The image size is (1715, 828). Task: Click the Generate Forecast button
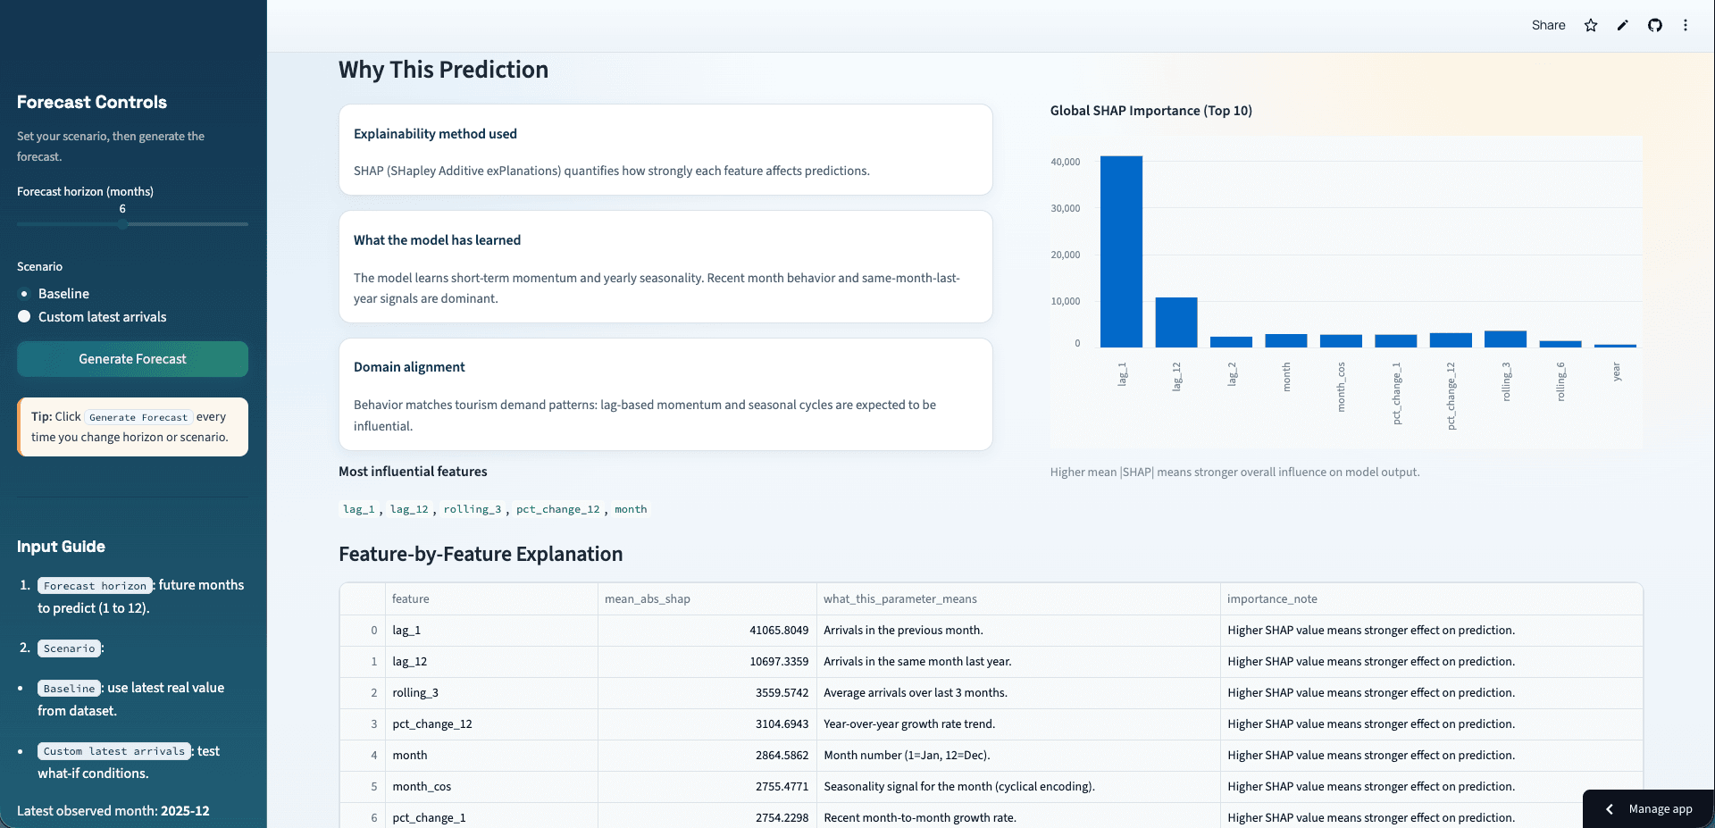point(132,359)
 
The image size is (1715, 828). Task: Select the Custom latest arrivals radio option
point(24,317)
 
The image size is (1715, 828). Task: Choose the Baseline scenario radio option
point(24,294)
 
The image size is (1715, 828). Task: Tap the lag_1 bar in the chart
point(1121,252)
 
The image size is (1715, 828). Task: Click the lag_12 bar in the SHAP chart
point(1176,322)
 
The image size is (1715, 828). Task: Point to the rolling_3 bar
point(1505,339)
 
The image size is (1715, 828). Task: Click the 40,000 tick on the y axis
point(1066,162)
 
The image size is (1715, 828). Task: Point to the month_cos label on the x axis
point(1341,387)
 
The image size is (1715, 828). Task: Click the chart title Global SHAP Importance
point(1151,111)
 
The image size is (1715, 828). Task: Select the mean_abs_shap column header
point(648,599)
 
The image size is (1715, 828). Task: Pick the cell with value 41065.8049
point(779,631)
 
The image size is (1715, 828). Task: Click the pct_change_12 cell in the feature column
point(432,724)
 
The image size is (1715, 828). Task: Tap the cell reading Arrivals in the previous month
point(903,631)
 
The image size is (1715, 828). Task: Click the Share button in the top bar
point(1549,25)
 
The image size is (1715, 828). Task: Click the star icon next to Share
point(1591,25)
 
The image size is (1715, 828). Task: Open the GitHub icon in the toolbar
point(1655,25)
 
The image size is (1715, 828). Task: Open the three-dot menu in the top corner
point(1686,25)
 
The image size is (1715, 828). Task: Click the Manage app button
point(1649,809)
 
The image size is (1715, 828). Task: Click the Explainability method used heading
point(435,134)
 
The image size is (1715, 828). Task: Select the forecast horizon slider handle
point(122,224)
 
